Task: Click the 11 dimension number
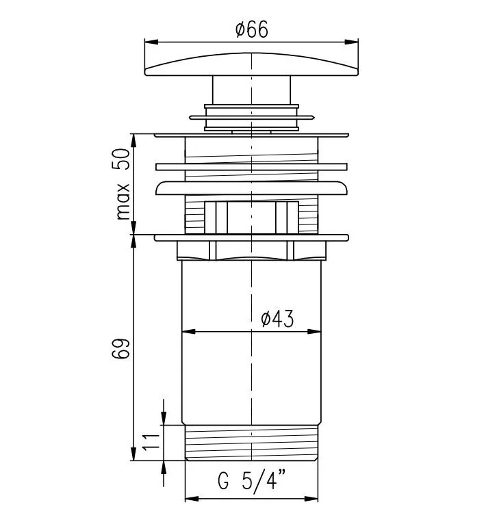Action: (x=153, y=435)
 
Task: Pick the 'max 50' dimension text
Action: (x=123, y=184)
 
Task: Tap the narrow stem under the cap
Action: (x=251, y=90)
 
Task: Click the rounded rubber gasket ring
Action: (x=251, y=188)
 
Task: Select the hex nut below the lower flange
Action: (x=251, y=251)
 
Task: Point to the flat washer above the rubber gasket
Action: (x=251, y=166)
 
